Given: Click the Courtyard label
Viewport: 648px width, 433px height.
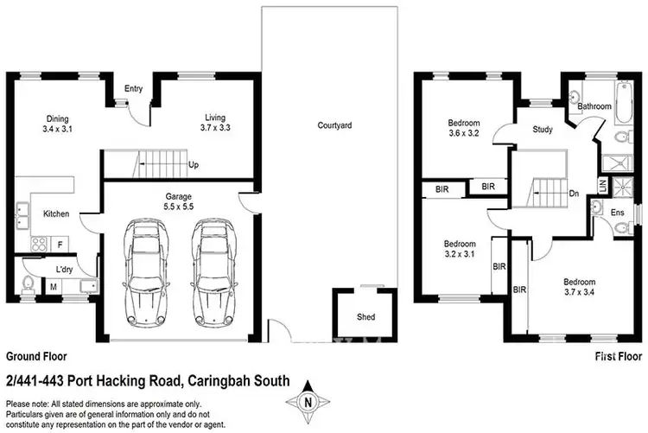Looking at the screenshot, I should pyautogui.click(x=334, y=125).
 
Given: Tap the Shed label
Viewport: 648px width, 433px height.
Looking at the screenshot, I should pyautogui.click(x=365, y=317).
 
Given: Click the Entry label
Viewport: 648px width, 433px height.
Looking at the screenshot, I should pyautogui.click(x=133, y=88).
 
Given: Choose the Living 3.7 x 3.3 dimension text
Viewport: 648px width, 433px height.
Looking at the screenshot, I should pyautogui.click(x=216, y=123).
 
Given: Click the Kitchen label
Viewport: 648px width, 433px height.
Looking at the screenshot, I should pyautogui.click(x=56, y=213).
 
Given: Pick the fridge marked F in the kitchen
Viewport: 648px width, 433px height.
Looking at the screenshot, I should pyautogui.click(x=60, y=245).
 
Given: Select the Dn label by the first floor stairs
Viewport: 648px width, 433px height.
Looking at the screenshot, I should pyautogui.click(x=573, y=194).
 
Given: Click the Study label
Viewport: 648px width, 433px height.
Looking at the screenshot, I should pyautogui.click(x=543, y=131).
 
